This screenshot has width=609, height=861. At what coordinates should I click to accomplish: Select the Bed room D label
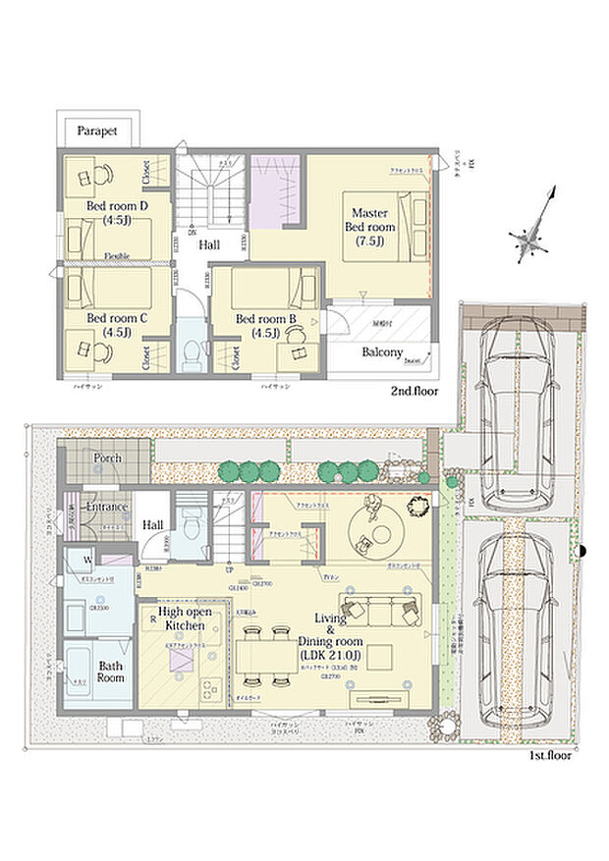tap(117, 213)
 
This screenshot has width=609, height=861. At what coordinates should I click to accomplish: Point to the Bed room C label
tap(116, 325)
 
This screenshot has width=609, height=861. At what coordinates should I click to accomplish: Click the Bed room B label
tap(266, 325)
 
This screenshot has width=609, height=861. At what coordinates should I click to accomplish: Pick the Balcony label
tap(383, 352)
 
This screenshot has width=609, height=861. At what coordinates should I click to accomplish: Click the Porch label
tap(107, 457)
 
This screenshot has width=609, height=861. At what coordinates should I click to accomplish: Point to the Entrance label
tap(106, 507)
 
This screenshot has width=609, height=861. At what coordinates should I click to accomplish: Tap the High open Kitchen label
tap(186, 619)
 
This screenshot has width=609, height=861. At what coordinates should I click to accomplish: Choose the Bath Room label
tap(110, 672)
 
